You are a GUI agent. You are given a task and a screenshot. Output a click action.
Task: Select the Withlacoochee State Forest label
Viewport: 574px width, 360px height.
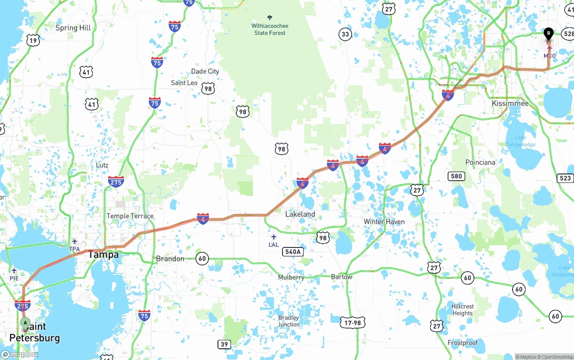(270, 29)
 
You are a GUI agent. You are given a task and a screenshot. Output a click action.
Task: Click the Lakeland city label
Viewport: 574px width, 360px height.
(300, 214)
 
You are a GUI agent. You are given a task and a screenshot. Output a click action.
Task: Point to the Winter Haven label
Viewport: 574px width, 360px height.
(384, 221)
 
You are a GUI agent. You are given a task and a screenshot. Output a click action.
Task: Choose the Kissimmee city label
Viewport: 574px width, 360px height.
(510, 103)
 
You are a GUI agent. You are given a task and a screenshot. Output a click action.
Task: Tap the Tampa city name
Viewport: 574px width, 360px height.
(103, 255)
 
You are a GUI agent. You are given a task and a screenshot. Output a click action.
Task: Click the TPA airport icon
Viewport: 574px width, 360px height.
(74, 241)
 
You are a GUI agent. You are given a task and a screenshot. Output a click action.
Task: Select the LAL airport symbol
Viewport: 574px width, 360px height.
(274, 237)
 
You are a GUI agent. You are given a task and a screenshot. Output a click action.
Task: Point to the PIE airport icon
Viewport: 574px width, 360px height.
(14, 270)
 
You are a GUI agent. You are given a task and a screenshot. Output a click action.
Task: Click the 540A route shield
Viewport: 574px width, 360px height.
(292, 252)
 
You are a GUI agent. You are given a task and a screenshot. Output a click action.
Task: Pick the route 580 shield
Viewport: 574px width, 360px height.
(456, 176)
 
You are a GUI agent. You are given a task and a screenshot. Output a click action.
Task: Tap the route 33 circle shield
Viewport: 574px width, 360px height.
(345, 35)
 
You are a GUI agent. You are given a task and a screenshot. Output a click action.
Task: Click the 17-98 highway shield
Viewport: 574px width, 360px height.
(352, 322)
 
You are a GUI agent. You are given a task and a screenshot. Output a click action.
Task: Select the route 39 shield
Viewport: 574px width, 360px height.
(224, 344)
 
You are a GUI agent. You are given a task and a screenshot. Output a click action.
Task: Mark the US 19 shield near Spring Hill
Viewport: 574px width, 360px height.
(33, 40)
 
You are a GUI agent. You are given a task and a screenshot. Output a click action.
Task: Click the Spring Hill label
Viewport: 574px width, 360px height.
(73, 28)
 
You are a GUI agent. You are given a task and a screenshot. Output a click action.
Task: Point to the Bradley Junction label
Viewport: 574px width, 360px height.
(288, 321)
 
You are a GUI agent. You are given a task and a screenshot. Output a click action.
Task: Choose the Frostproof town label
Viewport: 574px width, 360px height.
(462, 343)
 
